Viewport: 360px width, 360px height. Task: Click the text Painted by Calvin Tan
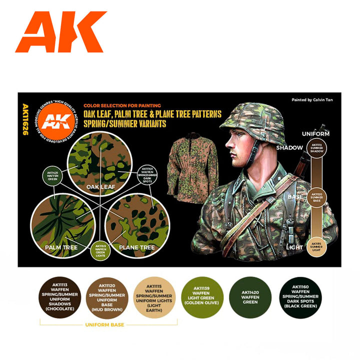pos(313,100)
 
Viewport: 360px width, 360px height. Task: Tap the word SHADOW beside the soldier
pos(290,147)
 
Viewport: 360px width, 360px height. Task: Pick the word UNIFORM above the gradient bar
pos(316,134)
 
